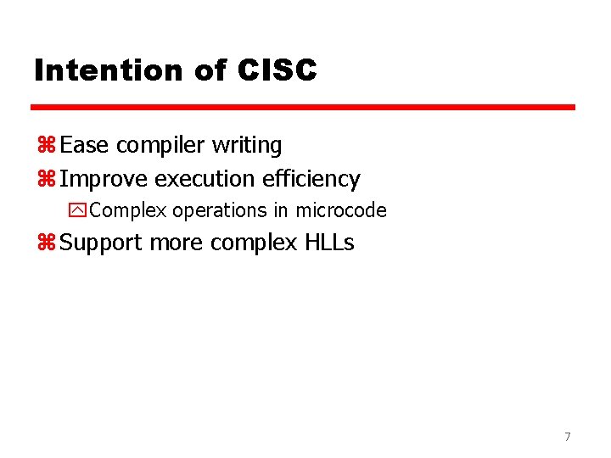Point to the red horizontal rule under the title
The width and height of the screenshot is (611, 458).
click(x=303, y=108)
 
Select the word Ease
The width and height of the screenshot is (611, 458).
click(x=85, y=146)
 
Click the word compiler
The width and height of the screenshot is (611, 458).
click(x=161, y=147)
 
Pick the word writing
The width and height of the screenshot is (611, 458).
click(x=247, y=147)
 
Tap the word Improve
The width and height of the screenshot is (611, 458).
click(x=104, y=180)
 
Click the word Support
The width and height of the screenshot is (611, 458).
click(x=102, y=243)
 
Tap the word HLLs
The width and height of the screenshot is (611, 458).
click(x=328, y=243)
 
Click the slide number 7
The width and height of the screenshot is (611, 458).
click(x=568, y=437)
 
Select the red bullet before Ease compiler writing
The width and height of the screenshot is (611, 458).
click(x=46, y=146)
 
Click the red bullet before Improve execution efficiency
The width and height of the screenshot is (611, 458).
click(x=46, y=180)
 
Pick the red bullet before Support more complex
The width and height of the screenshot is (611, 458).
click(x=46, y=243)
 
